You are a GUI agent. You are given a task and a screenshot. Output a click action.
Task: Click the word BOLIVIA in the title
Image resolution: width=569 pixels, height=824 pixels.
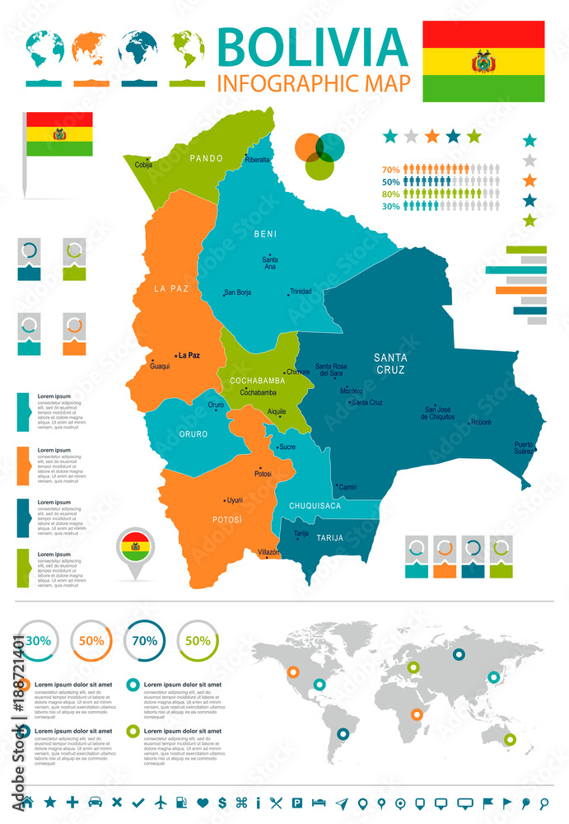tap(313, 48)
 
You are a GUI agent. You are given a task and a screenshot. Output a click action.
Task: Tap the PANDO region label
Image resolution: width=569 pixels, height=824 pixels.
tap(207, 157)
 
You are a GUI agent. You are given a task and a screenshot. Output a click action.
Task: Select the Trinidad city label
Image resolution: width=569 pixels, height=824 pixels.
tap(300, 292)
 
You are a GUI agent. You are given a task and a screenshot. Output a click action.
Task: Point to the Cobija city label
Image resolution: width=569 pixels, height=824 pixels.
tap(144, 165)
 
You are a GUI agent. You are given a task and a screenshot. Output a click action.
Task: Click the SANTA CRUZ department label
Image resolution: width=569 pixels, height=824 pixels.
tap(389, 363)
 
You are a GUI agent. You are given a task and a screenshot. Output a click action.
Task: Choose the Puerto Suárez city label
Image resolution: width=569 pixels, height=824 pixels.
tap(524, 448)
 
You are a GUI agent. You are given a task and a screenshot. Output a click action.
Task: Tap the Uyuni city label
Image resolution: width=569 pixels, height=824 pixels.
tap(235, 500)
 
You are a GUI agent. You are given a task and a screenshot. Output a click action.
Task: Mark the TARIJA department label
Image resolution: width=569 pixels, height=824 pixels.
tap(329, 538)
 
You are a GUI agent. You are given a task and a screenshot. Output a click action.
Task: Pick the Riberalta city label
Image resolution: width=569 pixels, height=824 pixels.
tap(257, 160)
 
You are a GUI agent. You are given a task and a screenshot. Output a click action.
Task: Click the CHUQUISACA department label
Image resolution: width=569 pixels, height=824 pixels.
tap(315, 506)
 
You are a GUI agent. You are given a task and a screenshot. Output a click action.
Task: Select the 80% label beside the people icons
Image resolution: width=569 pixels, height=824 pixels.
tap(391, 194)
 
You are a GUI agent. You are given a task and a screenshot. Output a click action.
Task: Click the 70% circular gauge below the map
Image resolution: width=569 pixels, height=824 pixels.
tap(145, 640)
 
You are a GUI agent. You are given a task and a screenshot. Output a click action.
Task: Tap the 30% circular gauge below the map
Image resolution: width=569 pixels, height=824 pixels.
tap(37, 640)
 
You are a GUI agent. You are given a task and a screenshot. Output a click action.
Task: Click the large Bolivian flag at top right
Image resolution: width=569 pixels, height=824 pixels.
tap(483, 61)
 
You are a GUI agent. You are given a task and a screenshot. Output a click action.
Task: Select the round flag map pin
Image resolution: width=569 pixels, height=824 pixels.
tap(134, 547)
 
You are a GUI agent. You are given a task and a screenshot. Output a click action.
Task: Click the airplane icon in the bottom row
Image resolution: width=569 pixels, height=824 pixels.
tap(160, 802)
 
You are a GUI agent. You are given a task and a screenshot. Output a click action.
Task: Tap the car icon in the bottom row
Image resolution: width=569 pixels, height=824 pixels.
tap(95, 802)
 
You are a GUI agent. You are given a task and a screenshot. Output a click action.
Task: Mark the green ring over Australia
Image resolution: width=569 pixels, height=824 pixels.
tap(511, 740)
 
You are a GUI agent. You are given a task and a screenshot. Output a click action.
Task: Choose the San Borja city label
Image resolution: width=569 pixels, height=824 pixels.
tap(238, 293)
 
